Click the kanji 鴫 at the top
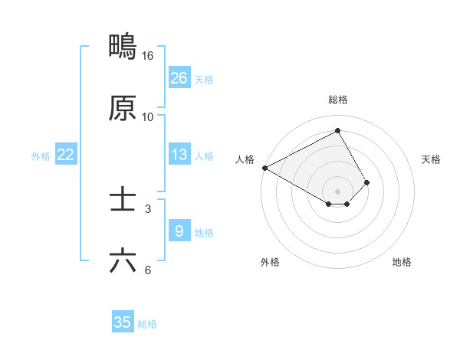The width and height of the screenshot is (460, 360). coord(123,47)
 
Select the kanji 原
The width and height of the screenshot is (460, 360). coord(123,108)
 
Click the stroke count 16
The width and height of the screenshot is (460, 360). coord(148,56)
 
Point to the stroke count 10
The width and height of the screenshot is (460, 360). coord(148,117)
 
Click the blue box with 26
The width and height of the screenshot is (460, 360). coord(179,78)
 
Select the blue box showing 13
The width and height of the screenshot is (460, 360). coord(179,155)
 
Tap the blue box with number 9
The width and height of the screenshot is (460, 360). coord(179,231)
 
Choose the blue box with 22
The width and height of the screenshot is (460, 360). coord(66,155)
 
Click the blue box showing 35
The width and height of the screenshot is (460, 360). coord(123,322)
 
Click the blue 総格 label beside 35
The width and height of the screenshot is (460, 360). coord(147,324)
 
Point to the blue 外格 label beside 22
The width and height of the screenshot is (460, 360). coord(41,156)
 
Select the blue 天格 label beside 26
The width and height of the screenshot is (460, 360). coord(204,80)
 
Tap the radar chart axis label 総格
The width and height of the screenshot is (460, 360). coord(338,100)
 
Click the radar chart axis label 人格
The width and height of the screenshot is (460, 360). coord(245,159)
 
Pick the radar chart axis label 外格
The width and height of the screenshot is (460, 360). coord(270,262)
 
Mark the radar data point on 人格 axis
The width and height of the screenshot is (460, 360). coord(264,168)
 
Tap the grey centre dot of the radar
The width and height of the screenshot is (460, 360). coord(338,191)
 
